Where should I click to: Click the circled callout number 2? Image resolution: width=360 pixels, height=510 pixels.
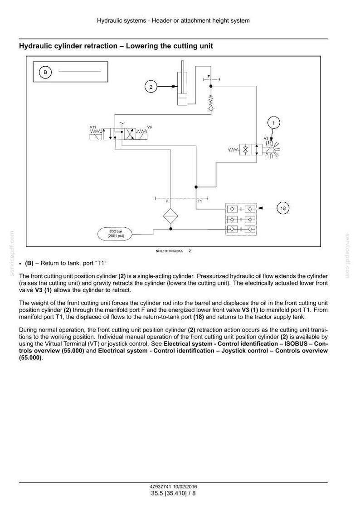[x=151, y=87]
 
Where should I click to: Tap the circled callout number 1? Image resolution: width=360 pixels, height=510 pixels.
[x=273, y=123]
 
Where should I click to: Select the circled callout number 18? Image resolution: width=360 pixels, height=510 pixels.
[x=283, y=208]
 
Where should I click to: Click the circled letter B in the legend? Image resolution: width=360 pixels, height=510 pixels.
[x=45, y=72]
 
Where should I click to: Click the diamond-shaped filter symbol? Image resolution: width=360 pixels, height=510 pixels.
[x=170, y=216]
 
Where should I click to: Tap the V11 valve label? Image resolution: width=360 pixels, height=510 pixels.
[x=93, y=127]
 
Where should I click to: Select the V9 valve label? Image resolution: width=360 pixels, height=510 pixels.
[x=150, y=127]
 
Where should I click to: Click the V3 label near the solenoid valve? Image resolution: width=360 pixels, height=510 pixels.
[x=266, y=138]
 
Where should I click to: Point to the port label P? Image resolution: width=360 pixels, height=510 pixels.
[x=167, y=201]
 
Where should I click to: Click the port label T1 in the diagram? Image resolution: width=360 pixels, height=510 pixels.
[x=200, y=201]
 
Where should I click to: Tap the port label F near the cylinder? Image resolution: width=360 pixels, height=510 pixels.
[x=209, y=77]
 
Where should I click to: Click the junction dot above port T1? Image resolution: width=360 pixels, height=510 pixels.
[x=196, y=187]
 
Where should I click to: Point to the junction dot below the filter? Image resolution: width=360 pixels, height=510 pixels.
[x=170, y=229]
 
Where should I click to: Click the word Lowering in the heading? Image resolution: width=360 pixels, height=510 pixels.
[x=141, y=46]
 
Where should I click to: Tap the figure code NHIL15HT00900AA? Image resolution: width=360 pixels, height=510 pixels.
[x=169, y=251]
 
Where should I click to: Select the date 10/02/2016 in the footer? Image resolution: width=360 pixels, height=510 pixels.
[x=185, y=487]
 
